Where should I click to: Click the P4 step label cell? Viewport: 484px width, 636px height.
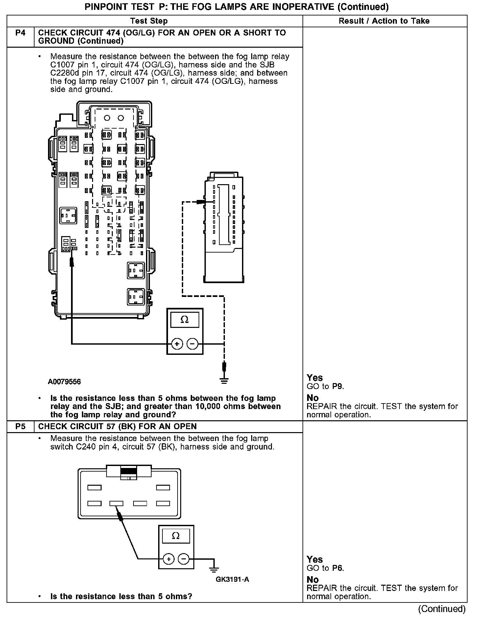(20, 33)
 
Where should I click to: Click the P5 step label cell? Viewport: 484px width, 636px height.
(20, 427)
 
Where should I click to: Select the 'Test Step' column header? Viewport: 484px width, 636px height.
(149, 21)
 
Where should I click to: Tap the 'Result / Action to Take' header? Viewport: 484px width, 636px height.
(384, 21)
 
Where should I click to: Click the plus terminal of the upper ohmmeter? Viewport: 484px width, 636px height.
(177, 344)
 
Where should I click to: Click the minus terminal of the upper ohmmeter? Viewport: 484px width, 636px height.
(192, 344)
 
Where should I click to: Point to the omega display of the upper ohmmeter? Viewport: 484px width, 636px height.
(185, 320)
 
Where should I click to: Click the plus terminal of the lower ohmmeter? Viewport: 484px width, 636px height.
(169, 559)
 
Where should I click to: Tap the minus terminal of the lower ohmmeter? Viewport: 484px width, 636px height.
(184, 559)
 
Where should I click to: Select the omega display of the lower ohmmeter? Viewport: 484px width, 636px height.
(176, 536)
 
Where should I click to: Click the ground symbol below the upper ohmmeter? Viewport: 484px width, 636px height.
(224, 380)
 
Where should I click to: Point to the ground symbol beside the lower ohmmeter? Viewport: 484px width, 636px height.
(214, 569)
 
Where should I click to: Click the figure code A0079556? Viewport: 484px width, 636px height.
(64, 381)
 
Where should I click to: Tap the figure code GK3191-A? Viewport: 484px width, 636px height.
(232, 579)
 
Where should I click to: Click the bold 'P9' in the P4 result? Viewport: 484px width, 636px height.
(338, 386)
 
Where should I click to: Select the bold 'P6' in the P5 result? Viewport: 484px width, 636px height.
(338, 568)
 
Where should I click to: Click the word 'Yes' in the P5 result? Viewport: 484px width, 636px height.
(315, 559)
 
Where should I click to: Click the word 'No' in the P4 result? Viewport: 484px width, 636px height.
(313, 398)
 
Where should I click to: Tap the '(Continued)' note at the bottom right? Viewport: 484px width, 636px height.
(442, 609)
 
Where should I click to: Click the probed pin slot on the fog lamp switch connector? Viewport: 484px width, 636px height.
(116, 503)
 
